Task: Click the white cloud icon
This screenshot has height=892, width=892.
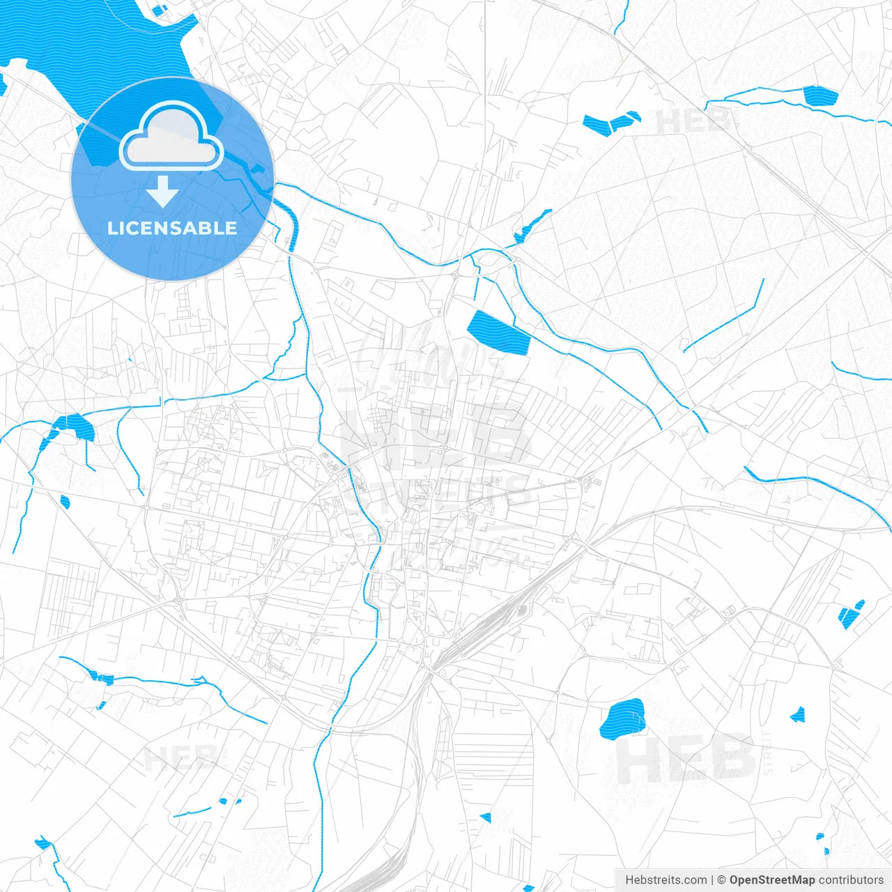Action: click(171, 137)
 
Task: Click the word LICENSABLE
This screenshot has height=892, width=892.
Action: click(172, 228)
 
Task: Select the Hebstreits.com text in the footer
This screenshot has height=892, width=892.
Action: click(666, 880)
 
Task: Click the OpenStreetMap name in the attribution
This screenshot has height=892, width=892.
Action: click(771, 880)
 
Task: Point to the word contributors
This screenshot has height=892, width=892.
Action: click(851, 880)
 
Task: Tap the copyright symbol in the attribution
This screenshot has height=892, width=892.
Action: click(721, 880)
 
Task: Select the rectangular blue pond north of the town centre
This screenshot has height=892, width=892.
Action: click(498, 332)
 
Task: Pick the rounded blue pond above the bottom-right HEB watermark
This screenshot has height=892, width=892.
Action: click(622, 718)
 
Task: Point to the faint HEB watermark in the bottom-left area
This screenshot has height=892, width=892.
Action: click(180, 758)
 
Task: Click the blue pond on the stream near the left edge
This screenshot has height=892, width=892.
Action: click(74, 425)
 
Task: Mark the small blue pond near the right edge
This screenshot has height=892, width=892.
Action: click(851, 613)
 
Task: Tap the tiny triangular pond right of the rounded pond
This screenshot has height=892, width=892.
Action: click(798, 715)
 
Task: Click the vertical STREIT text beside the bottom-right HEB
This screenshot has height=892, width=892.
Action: click(768, 753)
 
